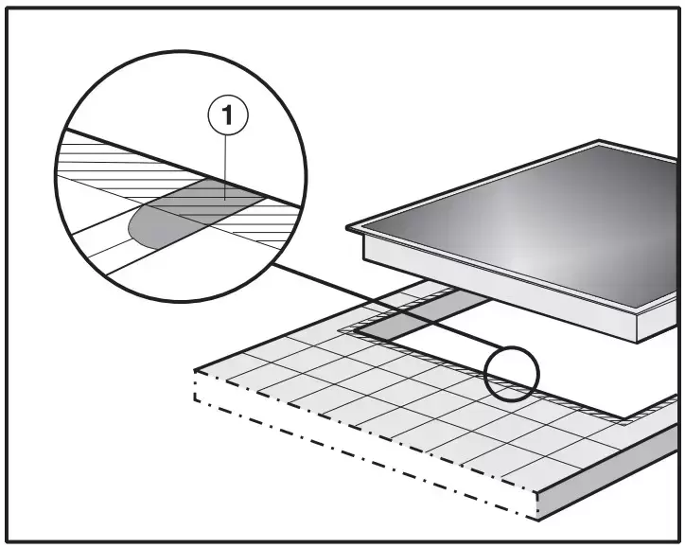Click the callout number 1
coord(228,115)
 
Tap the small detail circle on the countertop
coord(512,374)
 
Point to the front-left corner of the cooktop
coord(348,227)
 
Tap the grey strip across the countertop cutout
coord(423,315)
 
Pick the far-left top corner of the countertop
coord(195,371)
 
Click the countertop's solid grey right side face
coord(608,472)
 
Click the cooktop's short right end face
coord(659,320)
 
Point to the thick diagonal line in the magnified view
coord(183,168)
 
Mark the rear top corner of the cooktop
coord(599,141)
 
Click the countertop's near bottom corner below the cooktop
coord(538,520)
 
